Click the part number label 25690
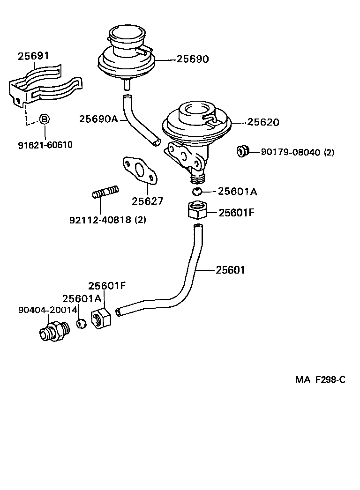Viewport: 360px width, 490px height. (x=193, y=59)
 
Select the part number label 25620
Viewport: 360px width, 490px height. (x=263, y=122)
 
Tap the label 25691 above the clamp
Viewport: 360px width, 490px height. (x=33, y=56)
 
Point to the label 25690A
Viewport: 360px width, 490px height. (x=98, y=119)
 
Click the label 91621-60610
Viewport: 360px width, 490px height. (x=45, y=145)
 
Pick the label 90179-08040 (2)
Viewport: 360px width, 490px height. (x=297, y=152)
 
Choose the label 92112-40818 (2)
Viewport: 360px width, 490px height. (x=107, y=219)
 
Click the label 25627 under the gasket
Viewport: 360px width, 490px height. (x=147, y=201)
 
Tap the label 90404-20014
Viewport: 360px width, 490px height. (x=47, y=310)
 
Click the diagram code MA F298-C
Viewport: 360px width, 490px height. (x=320, y=380)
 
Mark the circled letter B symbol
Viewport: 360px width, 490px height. (x=44, y=119)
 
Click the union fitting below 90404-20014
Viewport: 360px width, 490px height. (x=54, y=331)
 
